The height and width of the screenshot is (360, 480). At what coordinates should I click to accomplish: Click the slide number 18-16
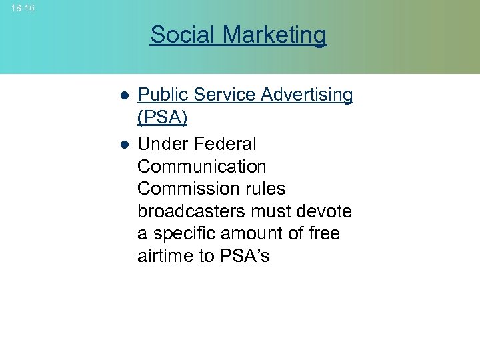click(23, 8)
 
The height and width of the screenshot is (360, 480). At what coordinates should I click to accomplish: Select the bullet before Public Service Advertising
click(124, 96)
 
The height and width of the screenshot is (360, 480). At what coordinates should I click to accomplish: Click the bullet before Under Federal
click(124, 145)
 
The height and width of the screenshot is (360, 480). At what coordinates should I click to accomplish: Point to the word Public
click(160, 95)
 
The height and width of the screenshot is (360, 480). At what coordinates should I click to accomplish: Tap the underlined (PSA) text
click(162, 118)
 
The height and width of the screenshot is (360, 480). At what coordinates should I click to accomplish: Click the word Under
click(163, 144)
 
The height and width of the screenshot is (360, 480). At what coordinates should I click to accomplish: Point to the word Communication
click(202, 167)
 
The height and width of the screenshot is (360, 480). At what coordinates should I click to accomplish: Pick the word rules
click(264, 189)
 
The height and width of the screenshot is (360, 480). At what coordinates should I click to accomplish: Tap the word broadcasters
click(190, 211)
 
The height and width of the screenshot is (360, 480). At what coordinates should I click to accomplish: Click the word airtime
click(165, 257)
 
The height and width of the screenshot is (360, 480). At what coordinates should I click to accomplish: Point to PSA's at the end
click(243, 257)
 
